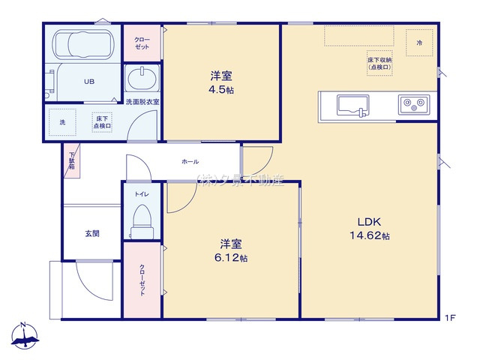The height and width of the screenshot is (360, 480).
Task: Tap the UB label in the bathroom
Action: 88,82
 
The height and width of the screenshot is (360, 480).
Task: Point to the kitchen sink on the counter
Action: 352,105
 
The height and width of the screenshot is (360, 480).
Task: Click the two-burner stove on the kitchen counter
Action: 412,105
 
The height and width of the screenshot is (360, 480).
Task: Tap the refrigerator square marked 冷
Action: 419,43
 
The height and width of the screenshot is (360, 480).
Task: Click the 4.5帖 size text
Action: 220,90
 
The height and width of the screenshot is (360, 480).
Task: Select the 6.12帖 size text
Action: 231,258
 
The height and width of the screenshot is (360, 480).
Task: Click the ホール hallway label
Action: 190,161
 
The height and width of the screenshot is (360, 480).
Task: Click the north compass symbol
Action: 24,336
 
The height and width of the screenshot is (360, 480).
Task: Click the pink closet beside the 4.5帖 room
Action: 142,43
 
